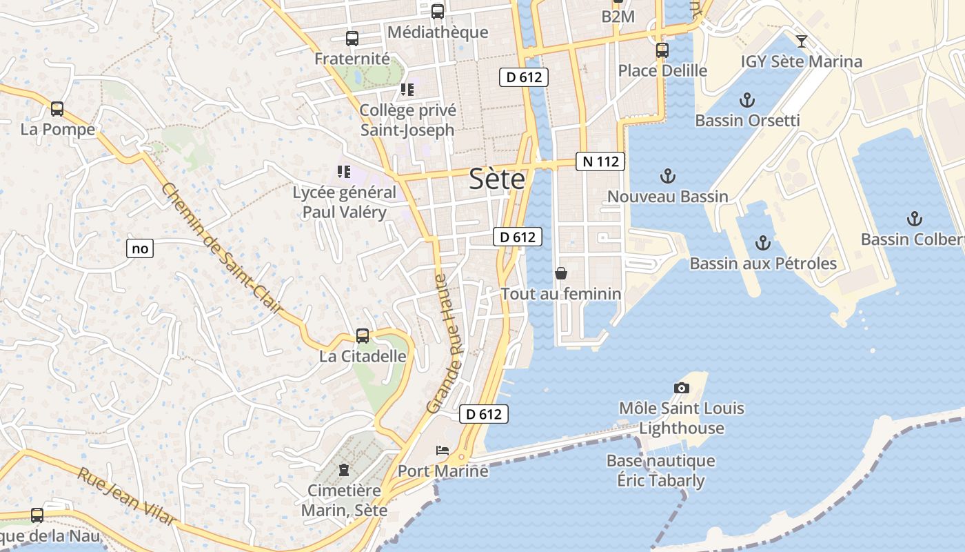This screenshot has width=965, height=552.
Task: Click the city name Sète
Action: pyautogui.click(x=496, y=179)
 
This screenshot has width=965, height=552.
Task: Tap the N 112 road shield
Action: pyautogui.click(x=600, y=161)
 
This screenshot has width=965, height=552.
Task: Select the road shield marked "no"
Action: pyautogui.click(x=140, y=248)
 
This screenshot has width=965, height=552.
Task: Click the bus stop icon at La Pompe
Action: pyautogui.click(x=57, y=109)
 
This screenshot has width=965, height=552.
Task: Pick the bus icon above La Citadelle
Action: pyautogui.click(x=363, y=336)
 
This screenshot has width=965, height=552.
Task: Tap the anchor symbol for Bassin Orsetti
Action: pyautogui.click(x=746, y=101)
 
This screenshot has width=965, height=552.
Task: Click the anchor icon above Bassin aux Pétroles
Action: pyautogui.click(x=762, y=243)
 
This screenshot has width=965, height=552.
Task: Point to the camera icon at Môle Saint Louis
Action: pyautogui.click(x=682, y=388)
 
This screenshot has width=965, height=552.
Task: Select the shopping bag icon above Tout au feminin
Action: pyautogui.click(x=561, y=273)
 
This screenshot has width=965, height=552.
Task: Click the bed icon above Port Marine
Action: pyautogui.click(x=443, y=451)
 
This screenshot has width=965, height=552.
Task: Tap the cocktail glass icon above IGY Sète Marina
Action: pyautogui.click(x=801, y=41)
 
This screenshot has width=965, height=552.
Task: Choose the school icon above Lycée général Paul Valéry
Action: pyautogui.click(x=344, y=172)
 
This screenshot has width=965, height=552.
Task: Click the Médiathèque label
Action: pyautogui.click(x=438, y=32)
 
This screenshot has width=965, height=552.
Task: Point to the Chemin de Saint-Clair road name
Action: pyautogui.click(x=222, y=248)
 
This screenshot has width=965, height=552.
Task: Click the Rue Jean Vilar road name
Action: pyautogui.click(x=125, y=496)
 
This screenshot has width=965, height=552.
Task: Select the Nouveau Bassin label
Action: pyautogui.click(x=667, y=197)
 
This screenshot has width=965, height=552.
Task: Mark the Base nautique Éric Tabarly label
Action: pyautogui.click(x=660, y=471)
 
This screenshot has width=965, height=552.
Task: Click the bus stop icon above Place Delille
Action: pyautogui.click(x=662, y=50)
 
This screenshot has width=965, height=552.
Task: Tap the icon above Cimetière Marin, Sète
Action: pyautogui.click(x=344, y=471)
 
